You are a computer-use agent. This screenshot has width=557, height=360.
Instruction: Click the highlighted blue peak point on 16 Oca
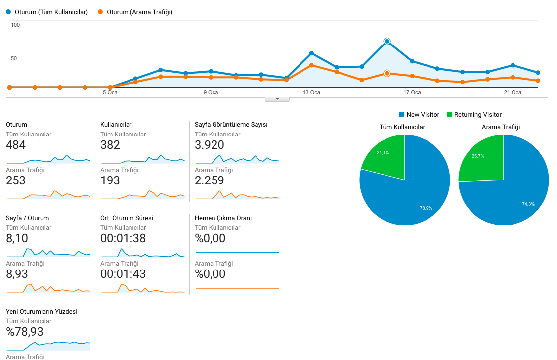point(387,41)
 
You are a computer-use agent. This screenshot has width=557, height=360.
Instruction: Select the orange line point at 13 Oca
point(311,65)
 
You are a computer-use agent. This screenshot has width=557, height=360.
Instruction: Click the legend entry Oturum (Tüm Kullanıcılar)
point(47,12)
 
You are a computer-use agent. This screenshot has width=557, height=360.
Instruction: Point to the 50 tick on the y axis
point(14,58)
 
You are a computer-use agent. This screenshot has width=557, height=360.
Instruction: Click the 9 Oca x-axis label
point(211,92)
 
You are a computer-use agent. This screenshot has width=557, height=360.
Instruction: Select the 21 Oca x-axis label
point(513,92)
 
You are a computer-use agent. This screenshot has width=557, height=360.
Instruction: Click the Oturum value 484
point(16,145)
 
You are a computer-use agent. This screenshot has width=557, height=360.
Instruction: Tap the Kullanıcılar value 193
point(110,180)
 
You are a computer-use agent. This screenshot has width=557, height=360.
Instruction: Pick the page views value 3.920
point(209,145)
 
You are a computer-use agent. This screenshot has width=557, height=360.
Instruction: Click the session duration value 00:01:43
point(123,274)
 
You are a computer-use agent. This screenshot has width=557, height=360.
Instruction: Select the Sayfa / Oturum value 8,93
point(17,274)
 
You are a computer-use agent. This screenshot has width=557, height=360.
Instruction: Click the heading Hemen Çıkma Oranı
point(223,218)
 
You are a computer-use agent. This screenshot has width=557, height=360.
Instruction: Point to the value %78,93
point(25,332)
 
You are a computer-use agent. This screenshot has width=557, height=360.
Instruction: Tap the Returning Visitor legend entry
point(474,114)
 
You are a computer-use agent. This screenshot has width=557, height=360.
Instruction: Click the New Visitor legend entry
point(419,114)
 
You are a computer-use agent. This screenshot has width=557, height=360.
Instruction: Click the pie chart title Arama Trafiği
point(501,127)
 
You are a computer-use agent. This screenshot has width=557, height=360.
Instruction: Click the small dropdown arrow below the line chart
point(277,99)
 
